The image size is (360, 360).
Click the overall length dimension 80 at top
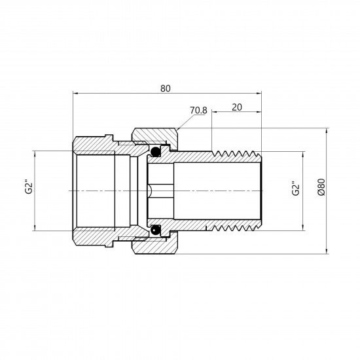tap(166, 88)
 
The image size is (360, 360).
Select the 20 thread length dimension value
tap(237, 107)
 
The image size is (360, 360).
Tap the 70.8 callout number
tap(198, 111)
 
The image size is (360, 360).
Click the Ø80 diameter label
tap(321, 187)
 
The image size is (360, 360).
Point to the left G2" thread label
tap(29, 188)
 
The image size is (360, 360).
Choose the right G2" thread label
tap(296, 189)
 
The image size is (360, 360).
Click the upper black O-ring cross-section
tap(155, 151)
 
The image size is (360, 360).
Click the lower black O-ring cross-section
tap(155, 230)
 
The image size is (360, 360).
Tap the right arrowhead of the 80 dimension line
tap(259, 94)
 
